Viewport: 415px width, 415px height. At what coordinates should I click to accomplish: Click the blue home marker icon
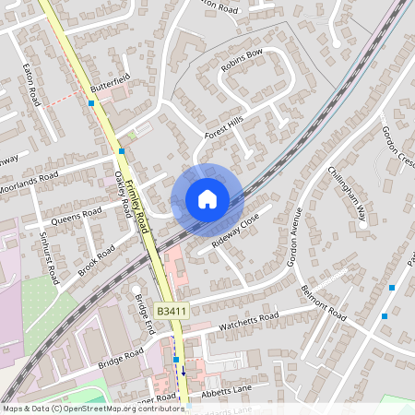click(x=207, y=199)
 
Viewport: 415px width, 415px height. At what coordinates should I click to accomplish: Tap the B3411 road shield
click(x=172, y=313)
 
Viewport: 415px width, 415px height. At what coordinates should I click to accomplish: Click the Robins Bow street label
click(x=242, y=61)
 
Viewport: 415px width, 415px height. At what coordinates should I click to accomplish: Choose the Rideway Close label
click(x=236, y=232)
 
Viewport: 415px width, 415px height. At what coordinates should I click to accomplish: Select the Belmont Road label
click(x=322, y=302)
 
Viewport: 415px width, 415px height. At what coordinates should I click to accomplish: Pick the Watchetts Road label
click(x=248, y=323)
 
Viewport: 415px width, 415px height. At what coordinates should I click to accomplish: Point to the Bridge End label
click(x=142, y=315)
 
